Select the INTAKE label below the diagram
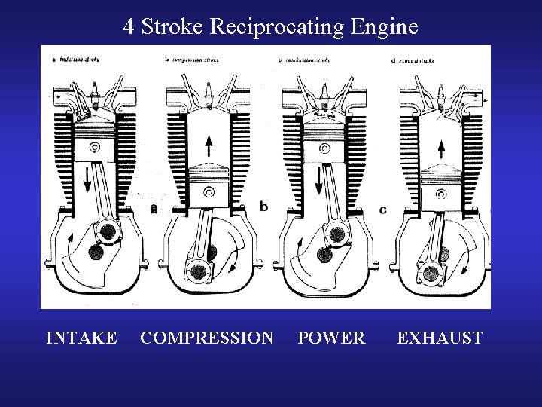[81, 338]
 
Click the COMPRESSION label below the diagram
[207, 338]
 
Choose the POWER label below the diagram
[331, 338]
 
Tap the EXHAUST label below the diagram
[440, 338]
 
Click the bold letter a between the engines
[154, 209]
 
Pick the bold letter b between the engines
[263, 206]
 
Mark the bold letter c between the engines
[383, 209]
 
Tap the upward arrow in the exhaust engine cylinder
[439, 150]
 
